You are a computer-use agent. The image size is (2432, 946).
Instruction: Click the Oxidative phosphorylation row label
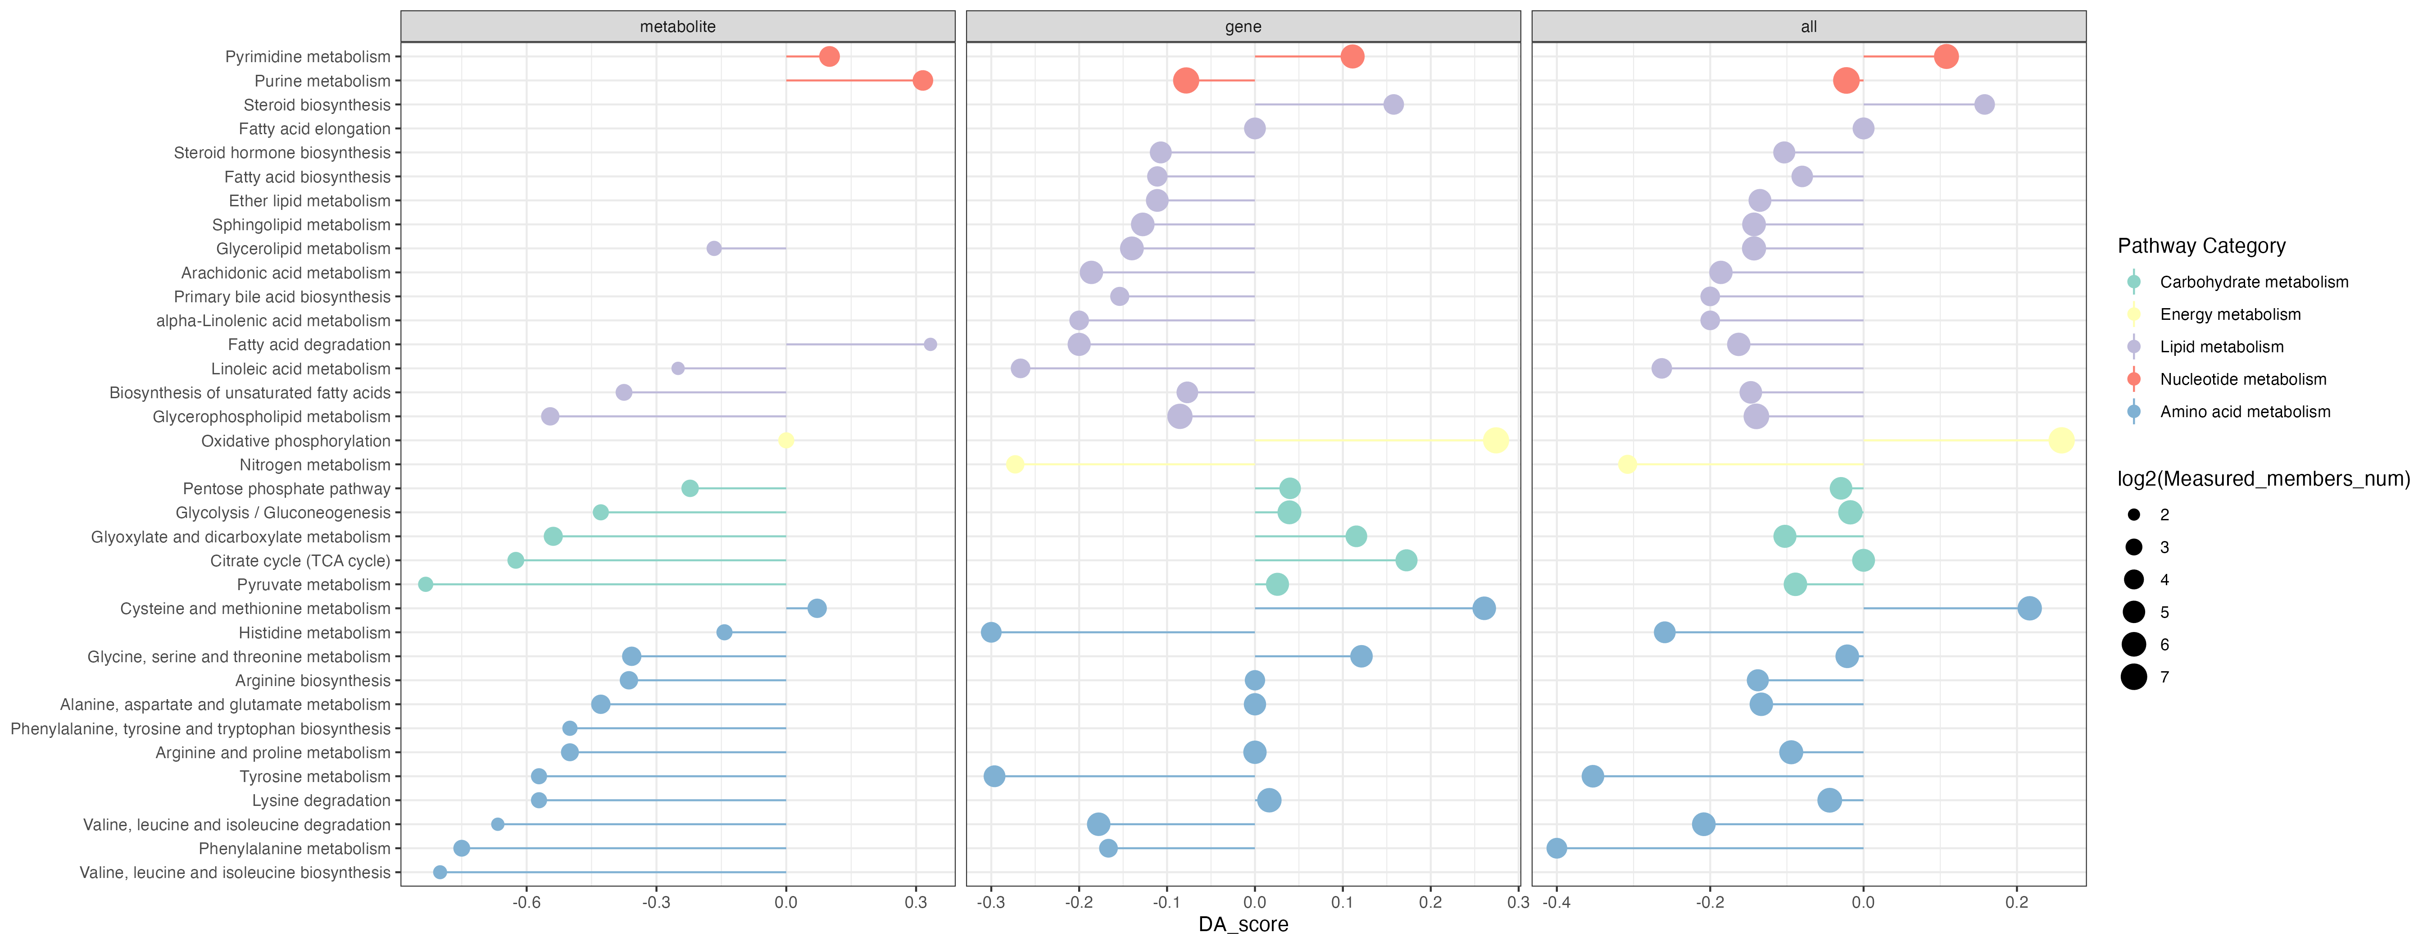point(295,441)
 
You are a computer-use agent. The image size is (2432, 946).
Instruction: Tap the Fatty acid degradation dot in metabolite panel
point(930,345)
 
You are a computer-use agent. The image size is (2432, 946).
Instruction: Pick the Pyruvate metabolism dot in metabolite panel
point(426,584)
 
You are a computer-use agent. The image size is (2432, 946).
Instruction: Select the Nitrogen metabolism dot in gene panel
point(1015,464)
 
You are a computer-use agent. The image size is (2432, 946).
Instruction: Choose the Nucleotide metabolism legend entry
point(2242,380)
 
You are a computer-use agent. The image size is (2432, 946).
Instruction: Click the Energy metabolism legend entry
point(2230,314)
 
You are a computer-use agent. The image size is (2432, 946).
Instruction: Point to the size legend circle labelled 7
point(2134,677)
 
